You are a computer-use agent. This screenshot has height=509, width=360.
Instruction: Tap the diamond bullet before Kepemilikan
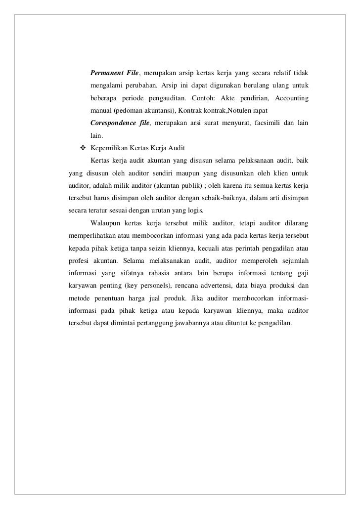(83, 147)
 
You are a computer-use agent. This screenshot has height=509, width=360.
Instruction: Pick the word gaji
(303, 268)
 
